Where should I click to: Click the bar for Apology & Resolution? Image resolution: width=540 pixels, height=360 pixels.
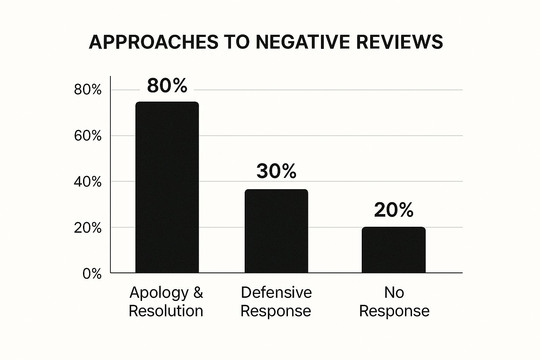tap(167, 187)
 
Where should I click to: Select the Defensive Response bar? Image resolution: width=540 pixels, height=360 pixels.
tap(276, 231)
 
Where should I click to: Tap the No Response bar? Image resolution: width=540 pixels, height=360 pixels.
tap(393, 250)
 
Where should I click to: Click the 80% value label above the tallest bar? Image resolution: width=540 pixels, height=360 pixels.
tap(167, 85)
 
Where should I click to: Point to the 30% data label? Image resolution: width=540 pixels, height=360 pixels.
tap(276, 171)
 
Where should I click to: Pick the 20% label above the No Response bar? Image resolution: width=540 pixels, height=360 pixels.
tap(393, 210)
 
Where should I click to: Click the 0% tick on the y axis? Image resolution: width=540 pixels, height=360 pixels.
tap(92, 274)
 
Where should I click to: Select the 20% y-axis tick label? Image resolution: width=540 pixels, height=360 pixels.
tap(88, 228)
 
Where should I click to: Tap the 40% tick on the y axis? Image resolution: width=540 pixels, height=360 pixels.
tap(88, 182)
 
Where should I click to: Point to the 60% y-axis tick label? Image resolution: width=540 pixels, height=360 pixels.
tap(88, 136)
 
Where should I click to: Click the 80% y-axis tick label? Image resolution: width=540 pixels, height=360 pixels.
tap(88, 90)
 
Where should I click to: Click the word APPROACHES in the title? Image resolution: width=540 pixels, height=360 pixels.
tap(154, 42)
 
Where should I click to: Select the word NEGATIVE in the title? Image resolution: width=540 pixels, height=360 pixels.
tap(303, 42)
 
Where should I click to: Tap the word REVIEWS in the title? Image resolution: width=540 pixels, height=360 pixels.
tap(399, 42)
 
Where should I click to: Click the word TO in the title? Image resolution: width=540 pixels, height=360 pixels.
tap(237, 42)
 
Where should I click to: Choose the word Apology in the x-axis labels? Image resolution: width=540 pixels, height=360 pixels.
tap(159, 293)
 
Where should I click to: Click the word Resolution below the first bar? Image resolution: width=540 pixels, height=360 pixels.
tap(166, 311)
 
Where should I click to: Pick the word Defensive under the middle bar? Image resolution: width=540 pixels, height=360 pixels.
tap(276, 292)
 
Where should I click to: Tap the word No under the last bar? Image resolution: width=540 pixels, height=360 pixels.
tap(394, 292)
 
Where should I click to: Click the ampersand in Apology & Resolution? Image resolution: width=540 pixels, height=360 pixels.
tap(198, 292)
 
